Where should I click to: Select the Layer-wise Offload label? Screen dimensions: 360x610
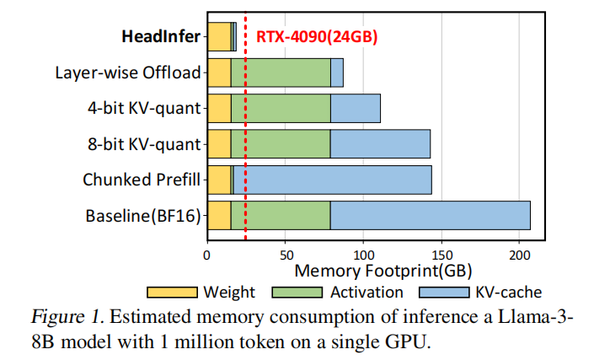[x=128, y=73]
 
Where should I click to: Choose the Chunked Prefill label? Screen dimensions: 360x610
[x=142, y=180]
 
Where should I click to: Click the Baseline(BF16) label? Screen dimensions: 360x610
[x=143, y=216]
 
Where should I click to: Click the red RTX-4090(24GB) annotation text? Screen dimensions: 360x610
[x=317, y=36]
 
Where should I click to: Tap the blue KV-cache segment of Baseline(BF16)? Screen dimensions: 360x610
[x=430, y=216]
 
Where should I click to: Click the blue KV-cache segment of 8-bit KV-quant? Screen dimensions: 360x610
[x=380, y=144]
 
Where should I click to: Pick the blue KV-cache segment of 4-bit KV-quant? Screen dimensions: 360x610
[x=355, y=108]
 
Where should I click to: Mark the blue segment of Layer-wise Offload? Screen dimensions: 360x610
[x=337, y=73]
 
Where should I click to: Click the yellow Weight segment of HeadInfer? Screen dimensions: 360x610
[x=218, y=36]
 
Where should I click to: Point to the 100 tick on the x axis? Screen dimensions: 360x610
[x=363, y=252]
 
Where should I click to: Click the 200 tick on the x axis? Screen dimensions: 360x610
[x=520, y=252]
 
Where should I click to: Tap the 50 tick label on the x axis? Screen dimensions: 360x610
[x=286, y=252]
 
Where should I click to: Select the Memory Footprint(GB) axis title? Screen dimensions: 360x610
[x=383, y=271]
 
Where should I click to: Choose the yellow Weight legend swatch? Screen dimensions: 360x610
[x=172, y=293]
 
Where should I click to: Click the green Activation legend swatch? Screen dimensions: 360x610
[x=297, y=293]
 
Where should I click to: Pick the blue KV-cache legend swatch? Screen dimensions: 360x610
[x=443, y=293]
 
